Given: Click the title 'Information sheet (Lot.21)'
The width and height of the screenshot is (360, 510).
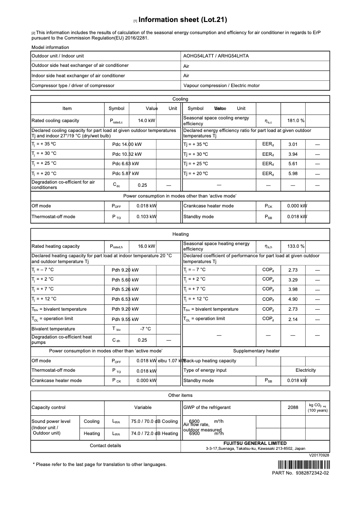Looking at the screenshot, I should (x=183, y=20).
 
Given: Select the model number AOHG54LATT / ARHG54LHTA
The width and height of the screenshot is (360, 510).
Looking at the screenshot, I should (x=216, y=56).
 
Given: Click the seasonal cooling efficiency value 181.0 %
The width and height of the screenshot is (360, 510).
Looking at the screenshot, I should (x=296, y=121).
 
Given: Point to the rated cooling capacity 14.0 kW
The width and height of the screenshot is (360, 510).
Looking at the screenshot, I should (x=146, y=121).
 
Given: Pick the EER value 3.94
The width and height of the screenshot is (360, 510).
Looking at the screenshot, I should (x=293, y=154).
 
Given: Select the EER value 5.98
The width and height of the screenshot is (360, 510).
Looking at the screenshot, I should (x=293, y=174).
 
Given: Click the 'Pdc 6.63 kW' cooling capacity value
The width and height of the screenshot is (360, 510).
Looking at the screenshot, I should (x=125, y=164).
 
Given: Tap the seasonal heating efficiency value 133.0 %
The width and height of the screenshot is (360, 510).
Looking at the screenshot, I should (x=296, y=246).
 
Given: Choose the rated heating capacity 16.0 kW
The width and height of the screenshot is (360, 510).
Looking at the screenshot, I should (x=146, y=246).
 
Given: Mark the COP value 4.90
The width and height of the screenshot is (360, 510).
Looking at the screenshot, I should (x=293, y=299).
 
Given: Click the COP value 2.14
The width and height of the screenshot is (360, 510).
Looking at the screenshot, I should (x=293, y=319).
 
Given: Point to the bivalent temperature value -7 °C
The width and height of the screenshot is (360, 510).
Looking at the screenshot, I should (x=145, y=329).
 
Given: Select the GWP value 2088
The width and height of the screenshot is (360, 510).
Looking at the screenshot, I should (x=293, y=408).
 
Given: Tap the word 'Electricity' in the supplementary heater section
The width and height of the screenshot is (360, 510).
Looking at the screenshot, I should (x=305, y=370).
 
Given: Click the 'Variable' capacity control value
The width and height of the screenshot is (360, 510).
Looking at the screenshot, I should (x=143, y=408).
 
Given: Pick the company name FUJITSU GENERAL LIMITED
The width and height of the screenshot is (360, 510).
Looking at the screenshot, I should (x=255, y=443).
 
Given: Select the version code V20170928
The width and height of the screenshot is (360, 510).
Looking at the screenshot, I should (x=319, y=455).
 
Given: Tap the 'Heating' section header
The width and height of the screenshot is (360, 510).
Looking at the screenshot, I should (x=180, y=234).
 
